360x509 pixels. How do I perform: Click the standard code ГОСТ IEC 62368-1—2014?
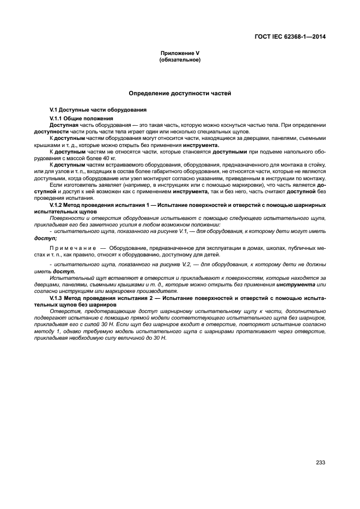point(294,38)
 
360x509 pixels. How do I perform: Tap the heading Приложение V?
point(180,53)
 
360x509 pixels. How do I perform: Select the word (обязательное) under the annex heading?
point(180,59)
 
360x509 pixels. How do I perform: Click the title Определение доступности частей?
point(180,94)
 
